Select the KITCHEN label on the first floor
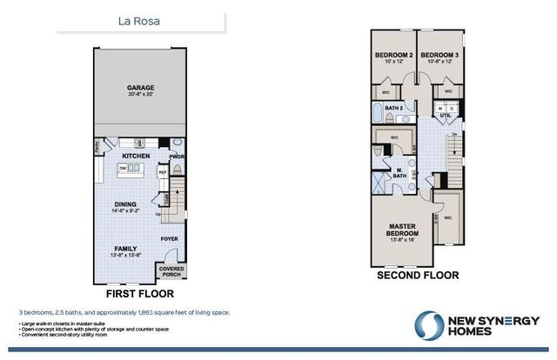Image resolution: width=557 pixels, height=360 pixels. (x=136, y=157)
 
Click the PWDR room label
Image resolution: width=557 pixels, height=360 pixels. (x=177, y=157)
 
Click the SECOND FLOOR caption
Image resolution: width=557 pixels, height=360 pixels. (x=417, y=275)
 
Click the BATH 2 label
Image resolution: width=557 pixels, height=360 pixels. (x=393, y=109)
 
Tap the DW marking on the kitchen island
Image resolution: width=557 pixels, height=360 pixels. (x=124, y=167)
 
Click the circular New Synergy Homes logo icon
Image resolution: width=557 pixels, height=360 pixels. (x=427, y=326)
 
